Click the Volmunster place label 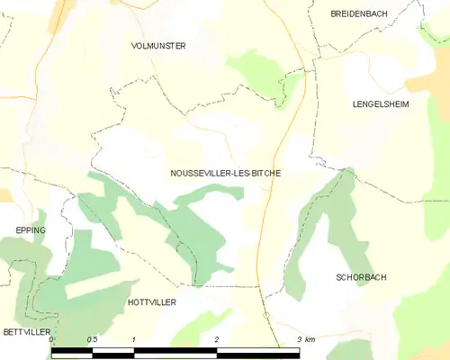158,45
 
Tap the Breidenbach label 358,13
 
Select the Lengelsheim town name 382,104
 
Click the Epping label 30,230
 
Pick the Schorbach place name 361,277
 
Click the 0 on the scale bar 51,339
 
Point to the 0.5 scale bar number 92,339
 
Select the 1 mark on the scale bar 133,339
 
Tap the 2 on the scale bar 216,339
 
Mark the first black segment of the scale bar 72,352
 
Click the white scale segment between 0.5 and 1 113,352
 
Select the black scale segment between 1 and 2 175,352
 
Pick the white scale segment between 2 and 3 258,352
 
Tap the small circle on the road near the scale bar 266,314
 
